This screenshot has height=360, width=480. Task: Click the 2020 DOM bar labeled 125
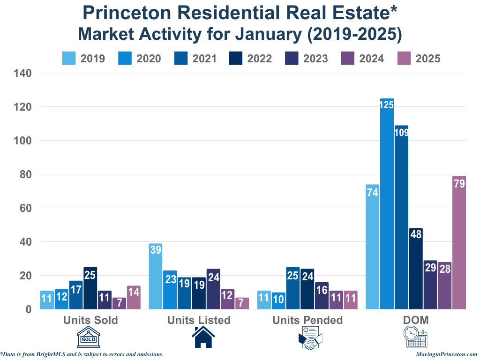tap(387, 204)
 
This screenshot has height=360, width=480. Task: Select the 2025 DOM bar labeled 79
tap(459, 243)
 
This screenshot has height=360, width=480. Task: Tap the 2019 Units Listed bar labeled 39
tap(155, 277)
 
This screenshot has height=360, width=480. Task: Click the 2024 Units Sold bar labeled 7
tap(119, 303)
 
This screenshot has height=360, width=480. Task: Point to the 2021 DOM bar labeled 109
tap(401, 217)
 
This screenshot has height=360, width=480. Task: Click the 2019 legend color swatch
tap(69, 59)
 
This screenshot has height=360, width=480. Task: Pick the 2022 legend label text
tap(259, 59)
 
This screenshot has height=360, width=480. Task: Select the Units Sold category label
tap(90, 320)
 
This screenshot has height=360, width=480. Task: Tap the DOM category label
tap(415, 320)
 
